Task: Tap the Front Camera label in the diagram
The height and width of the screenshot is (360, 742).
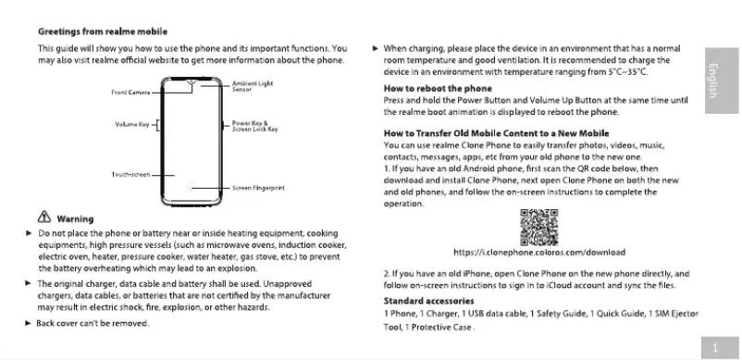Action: [x=130, y=93]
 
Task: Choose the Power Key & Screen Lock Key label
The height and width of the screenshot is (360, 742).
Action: [x=254, y=126]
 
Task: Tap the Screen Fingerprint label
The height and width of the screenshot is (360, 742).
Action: [x=257, y=187]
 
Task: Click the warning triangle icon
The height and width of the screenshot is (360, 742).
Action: [x=43, y=219]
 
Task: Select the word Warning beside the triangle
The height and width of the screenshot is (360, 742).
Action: [x=75, y=219]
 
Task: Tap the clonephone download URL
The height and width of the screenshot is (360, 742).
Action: [x=539, y=252]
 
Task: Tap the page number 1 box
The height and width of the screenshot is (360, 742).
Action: [x=715, y=348]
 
